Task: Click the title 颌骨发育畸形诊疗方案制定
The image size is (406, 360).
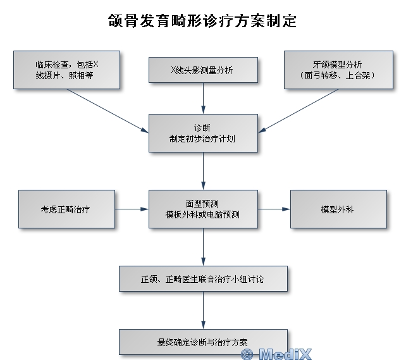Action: pos(202,21)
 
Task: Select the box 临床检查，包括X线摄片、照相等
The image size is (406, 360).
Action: pos(66,70)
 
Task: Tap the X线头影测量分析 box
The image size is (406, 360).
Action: pos(203,70)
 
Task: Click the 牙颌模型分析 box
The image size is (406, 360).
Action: pos(338,70)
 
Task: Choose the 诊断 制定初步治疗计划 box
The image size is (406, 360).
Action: pos(203,133)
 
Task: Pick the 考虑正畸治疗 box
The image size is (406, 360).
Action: pos(66,209)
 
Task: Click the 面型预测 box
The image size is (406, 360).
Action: pos(203,209)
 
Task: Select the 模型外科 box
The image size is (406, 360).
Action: pos(338,209)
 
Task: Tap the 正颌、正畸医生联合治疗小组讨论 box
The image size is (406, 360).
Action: pos(203,278)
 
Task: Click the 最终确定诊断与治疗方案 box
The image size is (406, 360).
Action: pos(203,342)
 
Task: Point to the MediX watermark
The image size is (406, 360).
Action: pos(276,354)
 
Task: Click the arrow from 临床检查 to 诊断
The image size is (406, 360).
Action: pos(108,111)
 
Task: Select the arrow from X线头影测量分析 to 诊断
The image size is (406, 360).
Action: pos(203,99)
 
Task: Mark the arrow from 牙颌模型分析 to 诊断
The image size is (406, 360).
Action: pos(298,111)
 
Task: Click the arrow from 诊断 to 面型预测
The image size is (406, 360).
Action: pos(203,171)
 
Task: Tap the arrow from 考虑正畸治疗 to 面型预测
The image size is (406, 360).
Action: pos(132,209)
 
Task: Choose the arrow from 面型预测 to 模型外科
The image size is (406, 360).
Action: pos(274,209)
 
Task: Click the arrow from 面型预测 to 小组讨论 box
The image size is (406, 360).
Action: pos(203,247)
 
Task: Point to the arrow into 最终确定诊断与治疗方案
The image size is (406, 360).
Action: pos(203,310)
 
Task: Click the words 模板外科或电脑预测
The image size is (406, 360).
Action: pos(202,214)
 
